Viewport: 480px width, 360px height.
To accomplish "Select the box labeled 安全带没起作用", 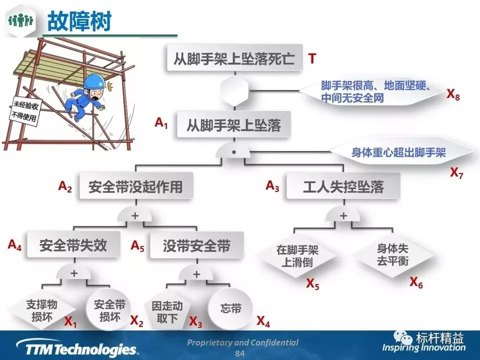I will tap(135, 187).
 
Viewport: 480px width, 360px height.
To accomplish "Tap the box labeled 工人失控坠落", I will tap(343, 187).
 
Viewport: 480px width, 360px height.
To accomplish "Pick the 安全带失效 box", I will tap(73, 245).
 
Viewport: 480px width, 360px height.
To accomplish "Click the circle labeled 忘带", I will tap(230, 309).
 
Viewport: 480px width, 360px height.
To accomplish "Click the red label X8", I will tap(453, 94).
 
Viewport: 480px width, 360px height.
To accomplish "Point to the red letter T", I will tap(312, 59).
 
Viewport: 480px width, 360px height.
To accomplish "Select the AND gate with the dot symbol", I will tap(234, 150).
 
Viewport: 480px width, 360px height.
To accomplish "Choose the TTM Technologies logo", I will tap(76, 348).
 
